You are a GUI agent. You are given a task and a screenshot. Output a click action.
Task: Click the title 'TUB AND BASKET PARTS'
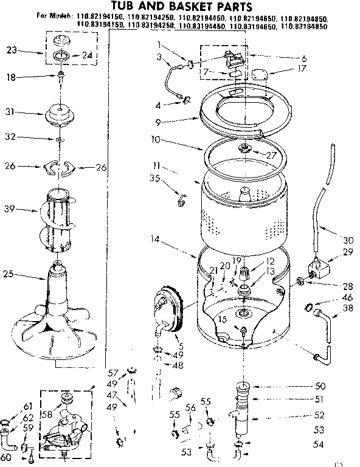coord(180,7)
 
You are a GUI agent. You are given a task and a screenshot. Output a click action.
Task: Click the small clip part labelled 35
coord(181,200)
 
